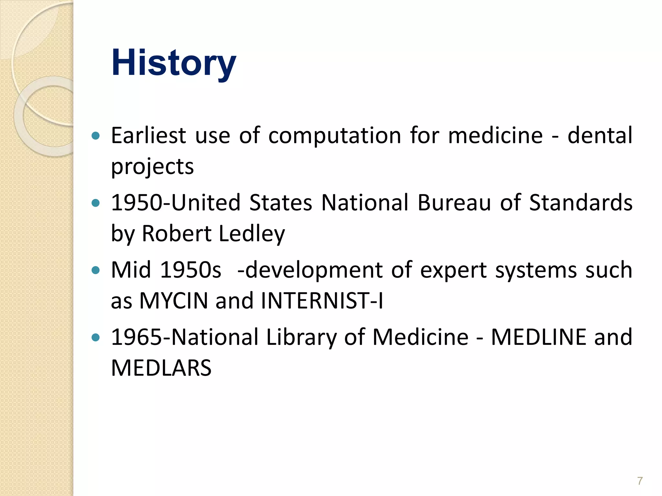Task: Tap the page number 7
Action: (640, 481)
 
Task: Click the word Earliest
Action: (148, 135)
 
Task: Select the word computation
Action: (335, 135)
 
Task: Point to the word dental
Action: (600, 135)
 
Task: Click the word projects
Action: (152, 167)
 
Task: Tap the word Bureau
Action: (454, 203)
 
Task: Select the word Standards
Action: (581, 203)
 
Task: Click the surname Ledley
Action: (252, 233)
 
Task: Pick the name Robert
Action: (176, 233)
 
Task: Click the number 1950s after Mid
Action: (191, 270)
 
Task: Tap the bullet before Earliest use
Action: (95, 136)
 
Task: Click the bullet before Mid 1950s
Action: (95, 270)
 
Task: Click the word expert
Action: (453, 270)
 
